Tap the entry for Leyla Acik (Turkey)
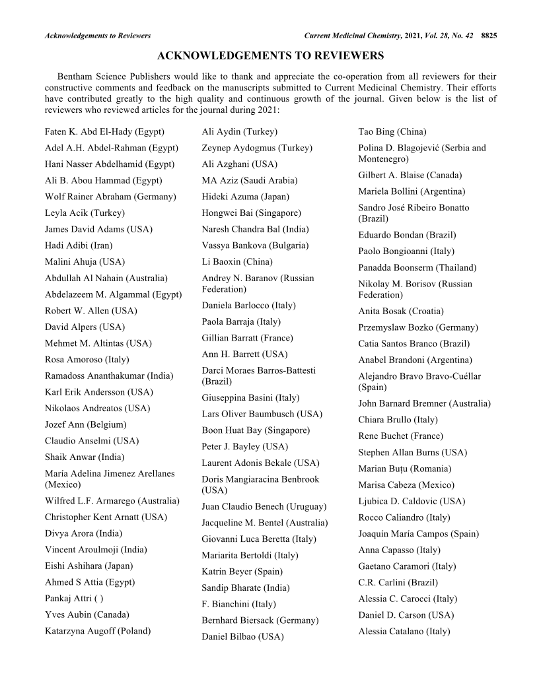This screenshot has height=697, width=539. point(85,213)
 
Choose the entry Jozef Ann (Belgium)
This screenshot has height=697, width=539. point(85,424)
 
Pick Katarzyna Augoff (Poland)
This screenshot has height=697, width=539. point(98,630)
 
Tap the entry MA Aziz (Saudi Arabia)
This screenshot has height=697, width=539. point(250,180)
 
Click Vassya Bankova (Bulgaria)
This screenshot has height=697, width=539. point(255,245)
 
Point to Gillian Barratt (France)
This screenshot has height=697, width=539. point(247,338)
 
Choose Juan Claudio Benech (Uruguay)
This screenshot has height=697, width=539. point(264,507)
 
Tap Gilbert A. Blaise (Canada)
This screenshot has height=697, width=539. point(410,175)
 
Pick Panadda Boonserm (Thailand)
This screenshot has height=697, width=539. point(417,267)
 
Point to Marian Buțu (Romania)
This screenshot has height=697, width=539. point(405,469)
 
